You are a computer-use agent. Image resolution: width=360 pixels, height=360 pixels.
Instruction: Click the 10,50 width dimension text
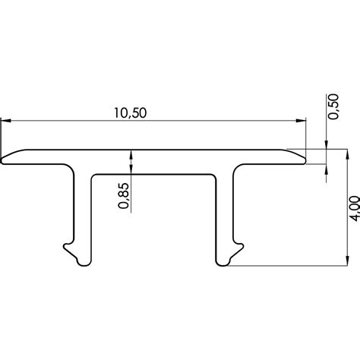(130, 112)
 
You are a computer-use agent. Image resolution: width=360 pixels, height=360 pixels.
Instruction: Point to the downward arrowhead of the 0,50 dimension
(326, 144)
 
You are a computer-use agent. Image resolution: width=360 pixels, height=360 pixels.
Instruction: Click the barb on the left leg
(66, 247)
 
